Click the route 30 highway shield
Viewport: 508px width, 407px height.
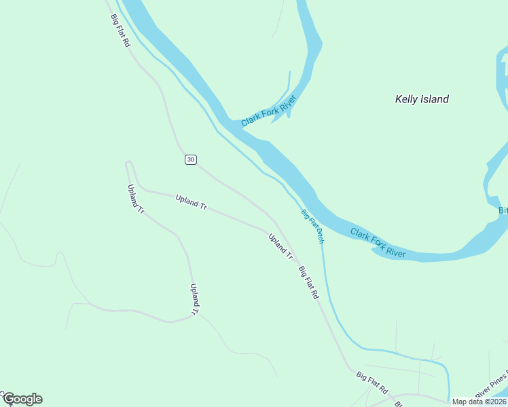[190, 159]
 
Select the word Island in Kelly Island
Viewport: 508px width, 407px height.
[435, 99]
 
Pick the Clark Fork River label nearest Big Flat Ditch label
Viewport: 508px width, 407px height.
[378, 244]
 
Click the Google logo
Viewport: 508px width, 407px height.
[22, 399]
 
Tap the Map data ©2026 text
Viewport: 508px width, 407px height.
[479, 402]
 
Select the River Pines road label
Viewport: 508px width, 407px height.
[492, 385]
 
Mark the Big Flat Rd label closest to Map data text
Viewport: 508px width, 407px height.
[371, 383]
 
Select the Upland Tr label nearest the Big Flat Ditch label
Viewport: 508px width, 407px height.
[280, 247]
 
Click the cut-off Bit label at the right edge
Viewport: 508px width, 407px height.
[503, 210]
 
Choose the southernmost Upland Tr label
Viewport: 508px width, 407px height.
[194, 300]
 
